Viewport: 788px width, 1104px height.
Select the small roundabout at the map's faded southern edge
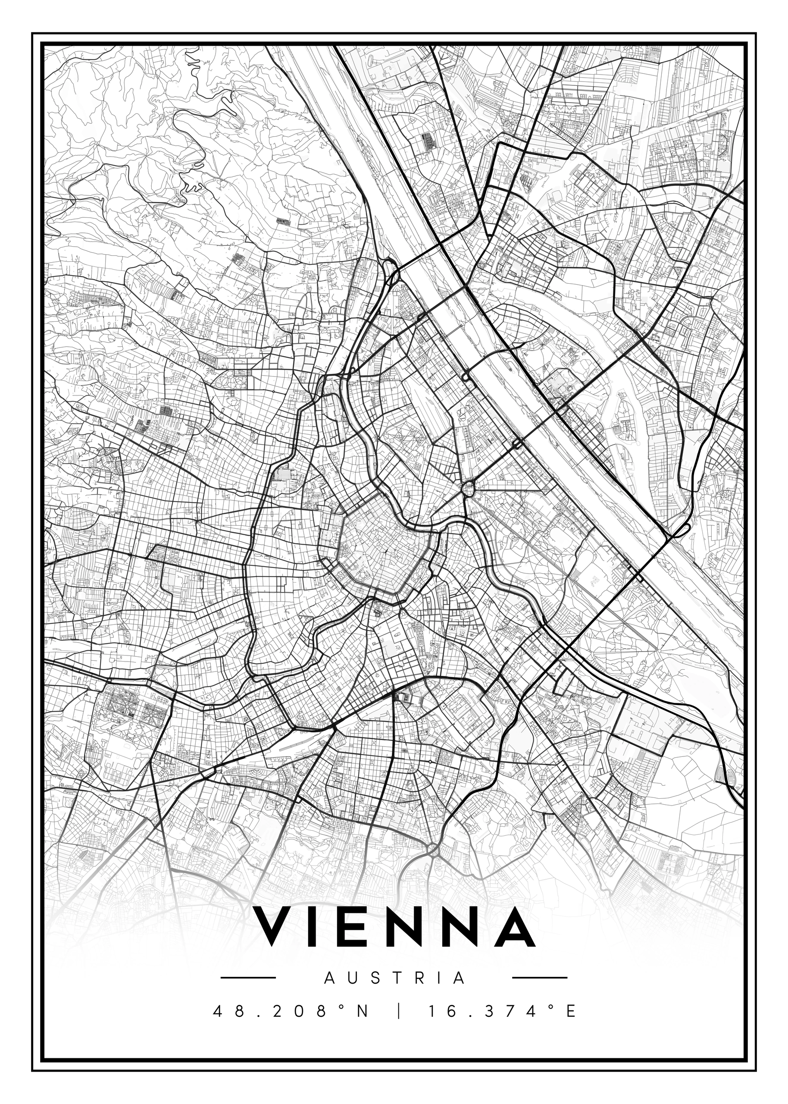432,849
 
